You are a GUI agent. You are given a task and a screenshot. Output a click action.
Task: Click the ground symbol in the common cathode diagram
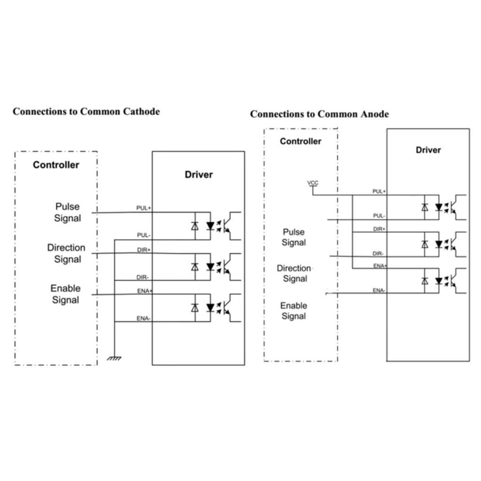pyautogui.click(x=114, y=358)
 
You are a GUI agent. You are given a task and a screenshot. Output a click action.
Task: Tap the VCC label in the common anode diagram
pyautogui.click(x=313, y=183)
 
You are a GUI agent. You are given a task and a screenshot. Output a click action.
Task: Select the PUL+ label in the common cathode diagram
pyautogui.click(x=144, y=208)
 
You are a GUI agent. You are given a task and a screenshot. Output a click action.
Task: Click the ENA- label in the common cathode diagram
pyautogui.click(x=143, y=318)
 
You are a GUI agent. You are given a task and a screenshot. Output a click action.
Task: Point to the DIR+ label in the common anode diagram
pyautogui.click(x=379, y=229)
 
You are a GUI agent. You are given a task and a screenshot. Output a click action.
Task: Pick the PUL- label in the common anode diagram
pyautogui.click(x=379, y=216)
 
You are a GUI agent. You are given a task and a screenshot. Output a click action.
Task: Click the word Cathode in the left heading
pyautogui.click(x=141, y=111)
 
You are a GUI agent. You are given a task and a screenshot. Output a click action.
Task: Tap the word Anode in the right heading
pyautogui.click(x=374, y=114)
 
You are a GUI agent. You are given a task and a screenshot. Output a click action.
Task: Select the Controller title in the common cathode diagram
pyautogui.click(x=56, y=165)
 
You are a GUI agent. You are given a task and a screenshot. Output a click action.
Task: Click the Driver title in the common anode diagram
pyautogui.click(x=428, y=150)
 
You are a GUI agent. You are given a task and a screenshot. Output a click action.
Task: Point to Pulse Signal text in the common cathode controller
pyautogui.click(x=68, y=212)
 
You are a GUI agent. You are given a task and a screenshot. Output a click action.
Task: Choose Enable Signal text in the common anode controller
pyautogui.click(x=294, y=311)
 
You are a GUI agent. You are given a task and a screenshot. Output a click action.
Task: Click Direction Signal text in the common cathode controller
pyautogui.click(x=66, y=253)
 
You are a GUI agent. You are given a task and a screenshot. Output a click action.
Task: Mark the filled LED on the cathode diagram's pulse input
pyautogui.click(x=210, y=226)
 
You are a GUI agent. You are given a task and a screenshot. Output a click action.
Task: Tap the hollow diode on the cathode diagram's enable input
pyautogui.click(x=195, y=308)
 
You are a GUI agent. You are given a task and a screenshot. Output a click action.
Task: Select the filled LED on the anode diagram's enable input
pyautogui.click(x=439, y=281)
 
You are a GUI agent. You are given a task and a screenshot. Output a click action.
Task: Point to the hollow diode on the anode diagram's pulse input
pyautogui.click(x=425, y=207)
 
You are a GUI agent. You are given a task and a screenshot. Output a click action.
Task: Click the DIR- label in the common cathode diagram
pyautogui.click(x=143, y=277)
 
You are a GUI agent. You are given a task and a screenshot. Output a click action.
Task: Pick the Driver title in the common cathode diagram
pyautogui.click(x=199, y=175)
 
